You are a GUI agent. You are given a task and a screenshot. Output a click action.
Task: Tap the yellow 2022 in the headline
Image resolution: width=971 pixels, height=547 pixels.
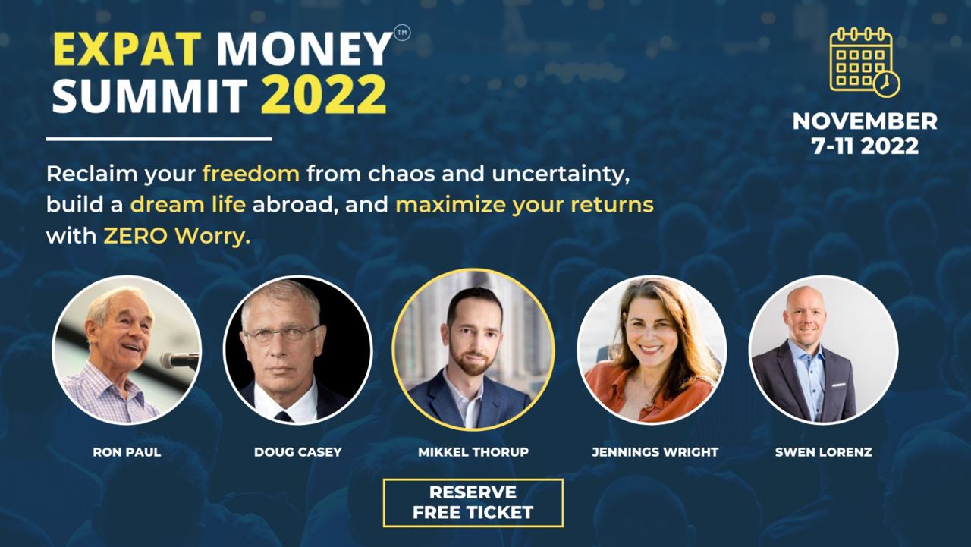click(x=324, y=96)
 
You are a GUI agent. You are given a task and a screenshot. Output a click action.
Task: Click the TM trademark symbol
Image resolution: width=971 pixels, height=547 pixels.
click(x=402, y=34)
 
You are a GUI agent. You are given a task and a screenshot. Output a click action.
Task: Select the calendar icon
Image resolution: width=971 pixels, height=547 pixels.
click(x=864, y=61)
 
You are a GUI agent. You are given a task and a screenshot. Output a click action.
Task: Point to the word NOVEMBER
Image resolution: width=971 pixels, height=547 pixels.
click(x=865, y=121)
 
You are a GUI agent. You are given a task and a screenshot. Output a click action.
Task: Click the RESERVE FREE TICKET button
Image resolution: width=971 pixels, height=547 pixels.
click(x=473, y=502)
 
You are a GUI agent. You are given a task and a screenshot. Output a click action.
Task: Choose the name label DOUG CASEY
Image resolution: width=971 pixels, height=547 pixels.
click(x=297, y=452)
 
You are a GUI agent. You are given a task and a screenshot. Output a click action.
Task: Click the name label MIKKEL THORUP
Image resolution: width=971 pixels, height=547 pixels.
click(x=473, y=452)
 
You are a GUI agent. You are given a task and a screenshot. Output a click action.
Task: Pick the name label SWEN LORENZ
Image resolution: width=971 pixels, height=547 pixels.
click(x=823, y=452)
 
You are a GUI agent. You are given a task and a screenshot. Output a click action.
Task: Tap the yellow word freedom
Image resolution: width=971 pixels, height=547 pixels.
click(x=251, y=174)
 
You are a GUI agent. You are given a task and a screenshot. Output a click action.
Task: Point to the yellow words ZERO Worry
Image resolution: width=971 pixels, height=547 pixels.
click(x=176, y=236)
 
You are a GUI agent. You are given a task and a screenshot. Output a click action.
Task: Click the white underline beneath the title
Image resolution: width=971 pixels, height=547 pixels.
click(x=159, y=139)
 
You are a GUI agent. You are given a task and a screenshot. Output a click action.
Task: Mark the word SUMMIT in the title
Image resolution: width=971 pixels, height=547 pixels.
click(x=149, y=96)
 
